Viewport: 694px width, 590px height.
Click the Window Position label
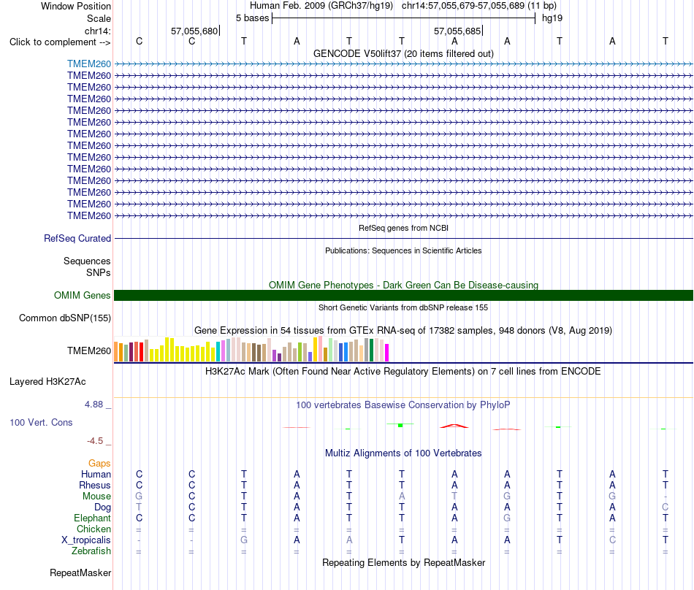pyautogui.click(x=76, y=6)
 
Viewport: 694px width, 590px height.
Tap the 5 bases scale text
pyautogui.click(x=252, y=18)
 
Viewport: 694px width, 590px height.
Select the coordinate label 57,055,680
pyautogui.click(x=194, y=31)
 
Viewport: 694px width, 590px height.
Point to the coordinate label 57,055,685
pyautogui.click(x=457, y=31)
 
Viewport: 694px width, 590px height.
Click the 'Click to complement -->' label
pyautogui.click(x=60, y=42)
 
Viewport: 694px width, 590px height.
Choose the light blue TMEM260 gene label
pyautogui.click(x=89, y=64)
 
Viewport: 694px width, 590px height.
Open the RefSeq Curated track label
pyautogui.click(x=77, y=238)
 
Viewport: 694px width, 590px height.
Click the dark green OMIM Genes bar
pyautogui.click(x=403, y=296)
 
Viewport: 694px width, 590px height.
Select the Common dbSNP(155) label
pyautogui.click(x=65, y=318)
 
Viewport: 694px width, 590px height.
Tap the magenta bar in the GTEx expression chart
pyautogui.click(x=387, y=353)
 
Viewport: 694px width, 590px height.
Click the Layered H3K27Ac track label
pyautogui.click(x=47, y=382)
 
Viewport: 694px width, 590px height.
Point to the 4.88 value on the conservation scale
pyautogui.click(x=94, y=405)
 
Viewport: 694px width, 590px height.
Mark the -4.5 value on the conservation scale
pyautogui.click(x=95, y=441)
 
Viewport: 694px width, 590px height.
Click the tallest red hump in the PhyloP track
pyautogui.click(x=454, y=426)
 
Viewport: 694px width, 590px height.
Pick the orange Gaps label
pyautogui.click(x=99, y=463)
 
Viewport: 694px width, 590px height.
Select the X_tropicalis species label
pyautogui.click(x=86, y=540)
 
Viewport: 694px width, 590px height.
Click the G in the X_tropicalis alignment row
pyautogui.click(x=244, y=540)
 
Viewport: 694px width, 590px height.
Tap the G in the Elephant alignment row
pyautogui.click(x=507, y=518)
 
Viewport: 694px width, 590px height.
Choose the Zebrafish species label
pyautogui.click(x=91, y=551)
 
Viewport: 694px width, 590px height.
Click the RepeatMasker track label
pyautogui.click(x=80, y=572)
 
